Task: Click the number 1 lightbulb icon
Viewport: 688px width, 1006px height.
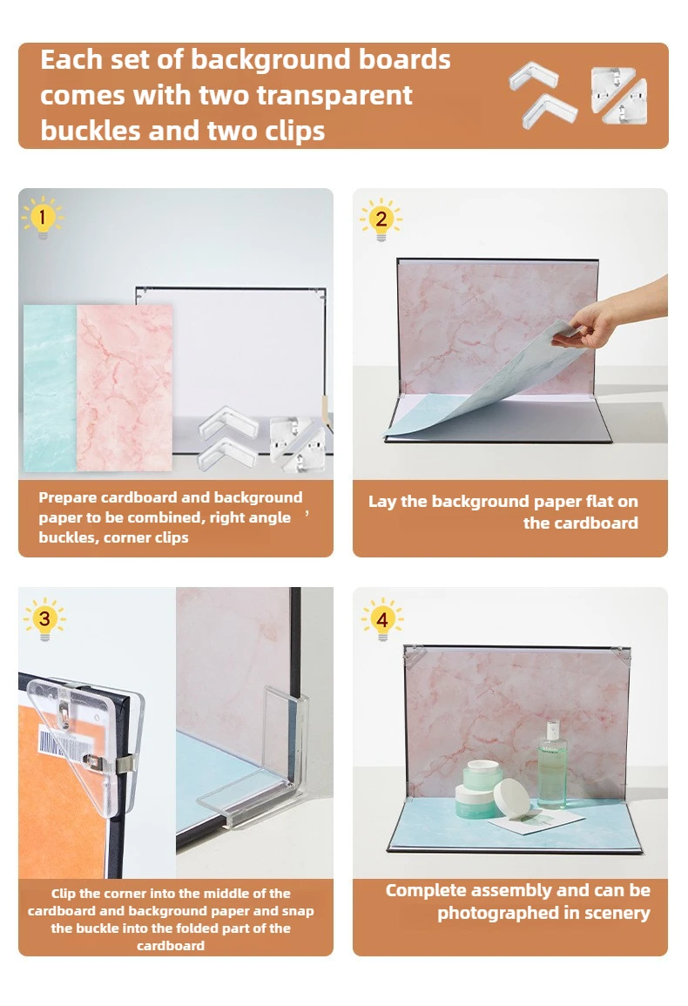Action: pos(42,216)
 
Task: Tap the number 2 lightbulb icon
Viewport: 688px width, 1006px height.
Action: pos(381,219)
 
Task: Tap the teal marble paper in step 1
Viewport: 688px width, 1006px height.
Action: pos(50,388)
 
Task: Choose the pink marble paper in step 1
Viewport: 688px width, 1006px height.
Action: pos(125,388)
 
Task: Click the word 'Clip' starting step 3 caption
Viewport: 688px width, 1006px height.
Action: pos(65,894)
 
